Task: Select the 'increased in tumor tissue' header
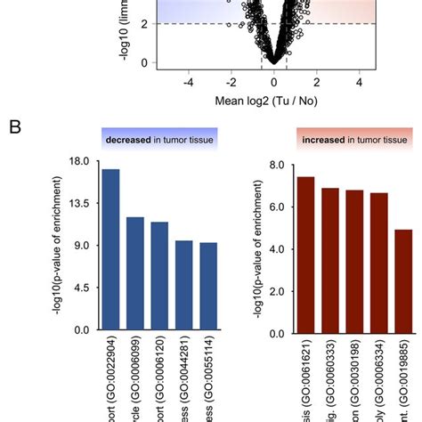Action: coord(354,140)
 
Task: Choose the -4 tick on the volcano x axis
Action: coord(189,82)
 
